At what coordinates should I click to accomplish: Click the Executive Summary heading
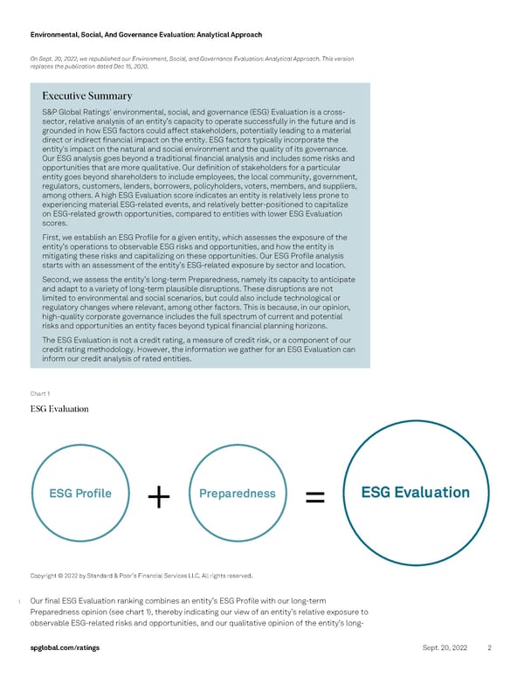(x=86, y=95)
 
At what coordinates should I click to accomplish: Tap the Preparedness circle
(x=238, y=494)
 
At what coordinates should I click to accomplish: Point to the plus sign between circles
(x=159, y=496)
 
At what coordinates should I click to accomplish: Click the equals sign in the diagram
(x=316, y=496)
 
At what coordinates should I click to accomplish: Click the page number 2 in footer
(x=490, y=647)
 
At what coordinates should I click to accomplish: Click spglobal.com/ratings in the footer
(x=64, y=647)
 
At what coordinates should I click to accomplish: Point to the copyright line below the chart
(x=141, y=575)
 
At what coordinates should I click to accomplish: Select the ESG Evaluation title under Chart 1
(x=59, y=408)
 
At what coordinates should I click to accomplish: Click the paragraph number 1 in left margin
(x=18, y=601)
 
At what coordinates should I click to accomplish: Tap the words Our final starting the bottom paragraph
(x=49, y=600)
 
